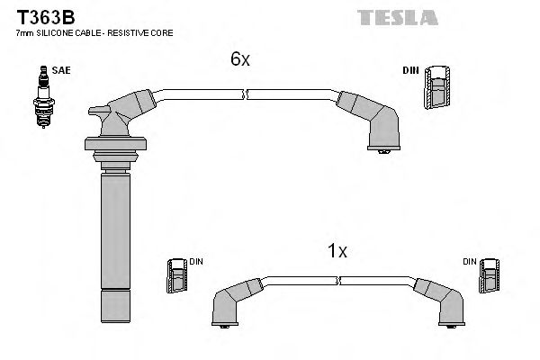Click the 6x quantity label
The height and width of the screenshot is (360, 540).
coord(239,59)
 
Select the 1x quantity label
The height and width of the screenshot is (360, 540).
coord(337,251)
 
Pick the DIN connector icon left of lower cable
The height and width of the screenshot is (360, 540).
coord(177,274)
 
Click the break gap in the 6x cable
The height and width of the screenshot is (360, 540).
coord(246,93)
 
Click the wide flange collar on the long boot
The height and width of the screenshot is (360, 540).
coord(113,144)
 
